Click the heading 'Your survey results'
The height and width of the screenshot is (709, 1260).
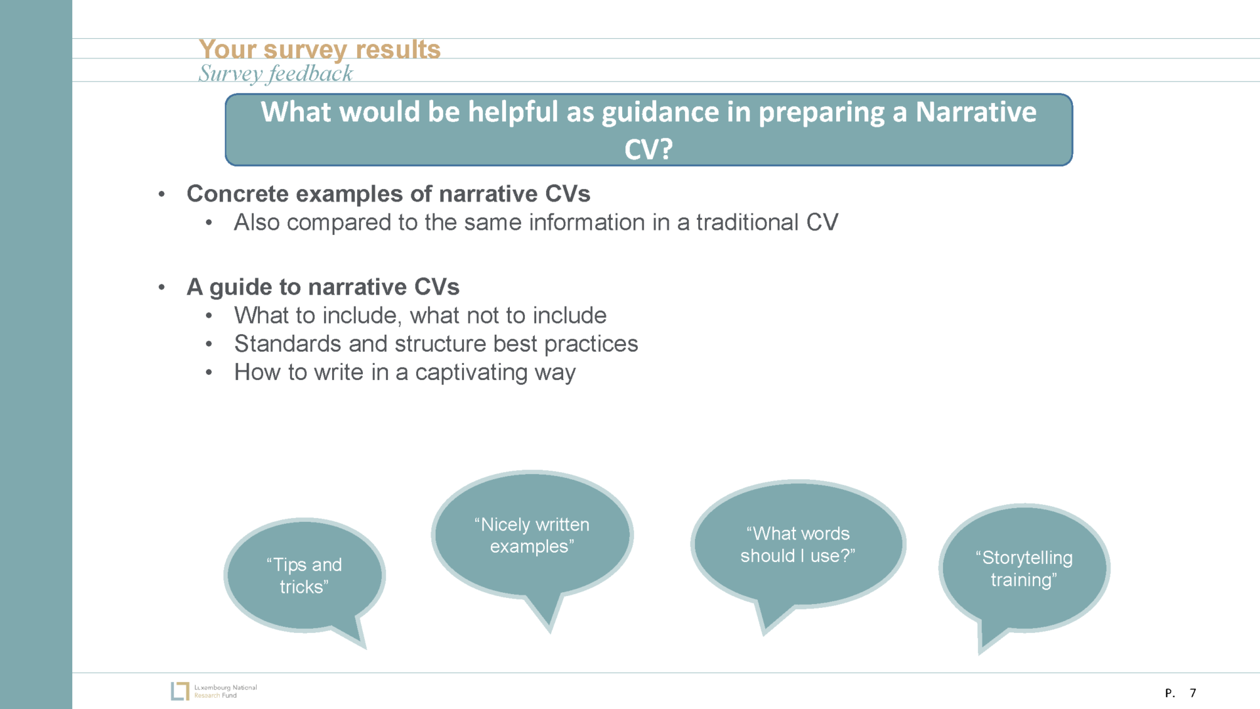319,50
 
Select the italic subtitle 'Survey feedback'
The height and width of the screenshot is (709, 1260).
276,74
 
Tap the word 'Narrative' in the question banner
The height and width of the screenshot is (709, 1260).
976,112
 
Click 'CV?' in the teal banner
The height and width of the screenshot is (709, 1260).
648,150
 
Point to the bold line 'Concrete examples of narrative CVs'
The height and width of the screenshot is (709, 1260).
388,194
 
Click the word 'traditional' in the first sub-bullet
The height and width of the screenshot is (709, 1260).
747,223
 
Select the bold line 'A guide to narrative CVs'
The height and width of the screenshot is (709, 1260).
323,288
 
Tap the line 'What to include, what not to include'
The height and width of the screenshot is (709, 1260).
420,316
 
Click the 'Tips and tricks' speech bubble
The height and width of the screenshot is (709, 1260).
304,575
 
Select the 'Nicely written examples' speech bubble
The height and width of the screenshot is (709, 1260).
532,535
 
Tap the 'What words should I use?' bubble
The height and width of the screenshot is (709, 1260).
797,544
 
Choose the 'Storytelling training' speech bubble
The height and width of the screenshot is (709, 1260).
1024,569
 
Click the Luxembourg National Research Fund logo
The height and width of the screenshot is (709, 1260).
214,691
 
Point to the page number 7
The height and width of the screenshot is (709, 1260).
1193,693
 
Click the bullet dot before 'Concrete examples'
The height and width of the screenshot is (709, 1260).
161,194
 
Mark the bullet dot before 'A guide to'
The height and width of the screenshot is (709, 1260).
161,288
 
